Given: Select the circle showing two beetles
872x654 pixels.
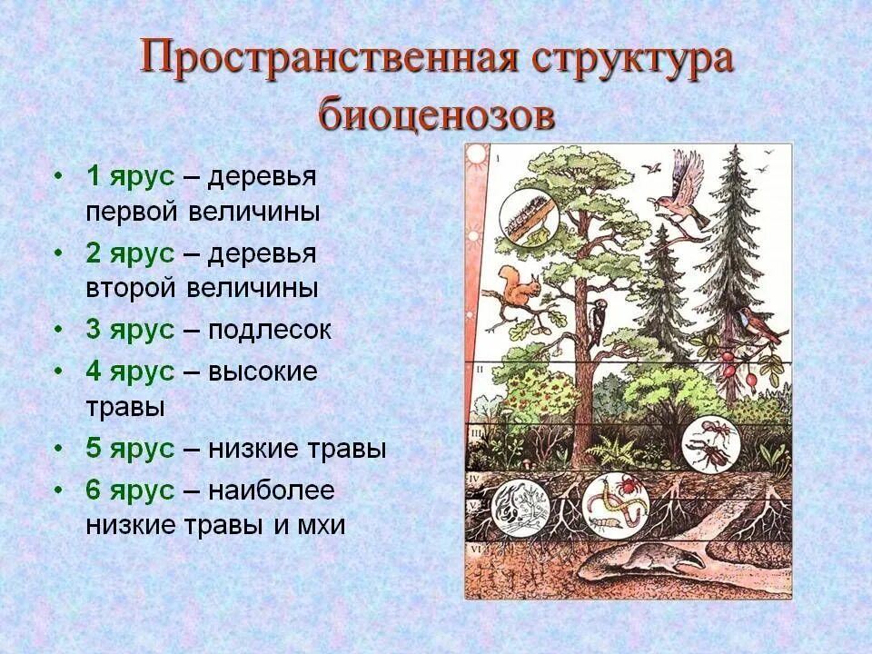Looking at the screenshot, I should (x=711, y=442).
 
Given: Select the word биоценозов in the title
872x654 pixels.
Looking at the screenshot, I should (x=436, y=115).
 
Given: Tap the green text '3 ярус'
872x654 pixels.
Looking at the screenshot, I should (x=129, y=330).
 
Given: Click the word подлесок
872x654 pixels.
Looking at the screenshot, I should (x=270, y=330).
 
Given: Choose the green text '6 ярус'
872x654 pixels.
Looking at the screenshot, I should (x=129, y=490).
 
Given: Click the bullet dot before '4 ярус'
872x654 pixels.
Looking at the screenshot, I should (x=59, y=372).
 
